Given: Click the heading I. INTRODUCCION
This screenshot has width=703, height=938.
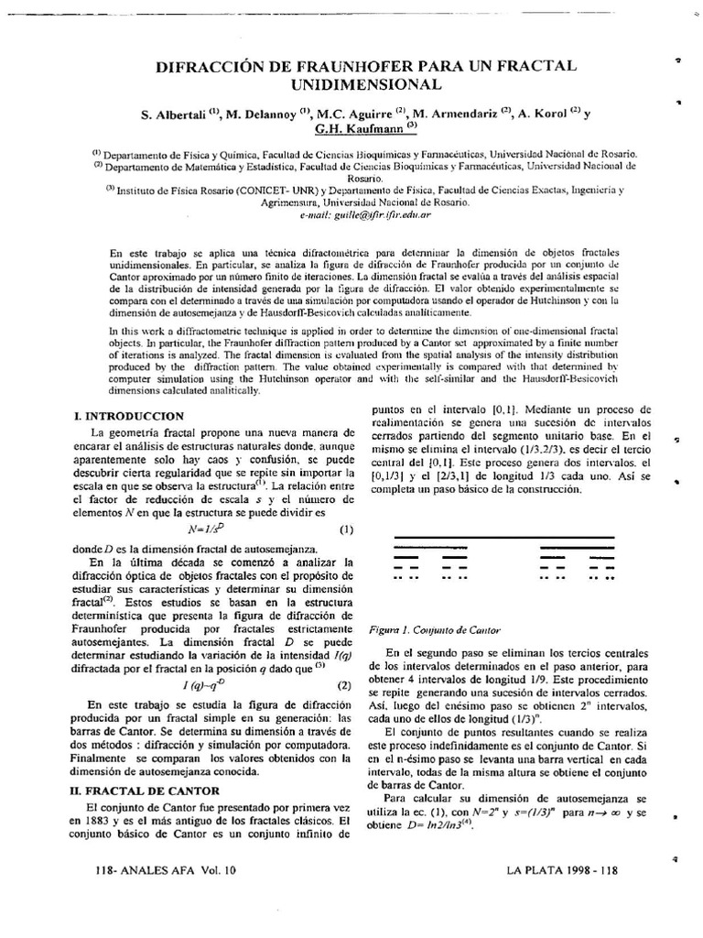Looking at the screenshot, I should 130,415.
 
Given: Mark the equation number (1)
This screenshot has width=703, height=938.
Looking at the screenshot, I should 346,529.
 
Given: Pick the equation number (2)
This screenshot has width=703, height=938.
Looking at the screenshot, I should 344,685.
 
